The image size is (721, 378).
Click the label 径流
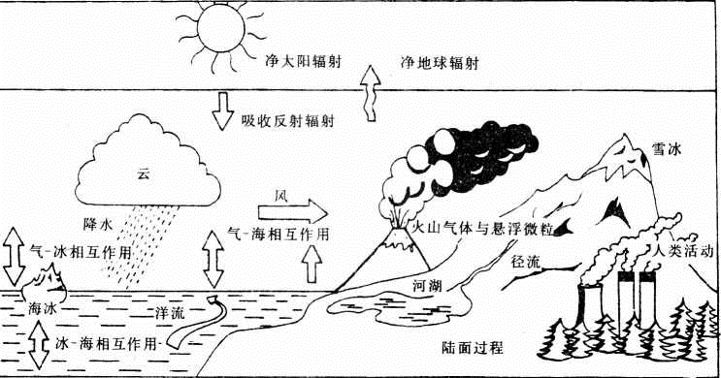[x=524, y=262]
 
